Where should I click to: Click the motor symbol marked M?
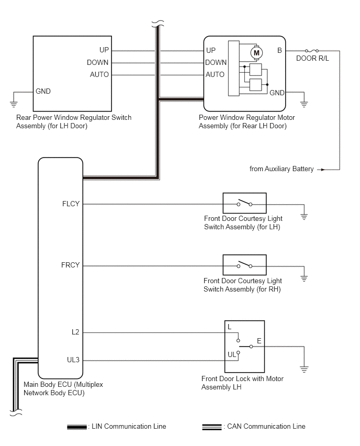tap(256, 52)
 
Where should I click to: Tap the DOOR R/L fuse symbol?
tap(312, 50)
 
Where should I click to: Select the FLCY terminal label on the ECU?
tap(71, 204)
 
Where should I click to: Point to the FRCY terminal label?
tap(70, 265)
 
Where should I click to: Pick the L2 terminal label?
tap(75, 332)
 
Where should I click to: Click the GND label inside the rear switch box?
tap(43, 91)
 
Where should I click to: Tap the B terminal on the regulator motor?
tap(279, 51)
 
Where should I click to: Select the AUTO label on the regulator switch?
tap(99, 75)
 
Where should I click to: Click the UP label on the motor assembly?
tap(211, 51)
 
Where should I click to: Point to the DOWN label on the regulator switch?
tap(98, 63)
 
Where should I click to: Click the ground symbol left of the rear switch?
tap(14, 103)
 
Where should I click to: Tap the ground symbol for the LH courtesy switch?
tap(304, 216)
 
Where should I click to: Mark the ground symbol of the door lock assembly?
tap(304, 369)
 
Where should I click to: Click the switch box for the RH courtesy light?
tap(244, 265)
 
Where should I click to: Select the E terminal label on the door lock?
tap(259, 340)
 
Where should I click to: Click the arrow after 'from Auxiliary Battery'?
tap(321, 169)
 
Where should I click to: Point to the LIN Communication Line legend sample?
tap(77, 427)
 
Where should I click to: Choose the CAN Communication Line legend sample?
tap(212, 427)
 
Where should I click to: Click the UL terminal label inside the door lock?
tap(231, 354)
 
